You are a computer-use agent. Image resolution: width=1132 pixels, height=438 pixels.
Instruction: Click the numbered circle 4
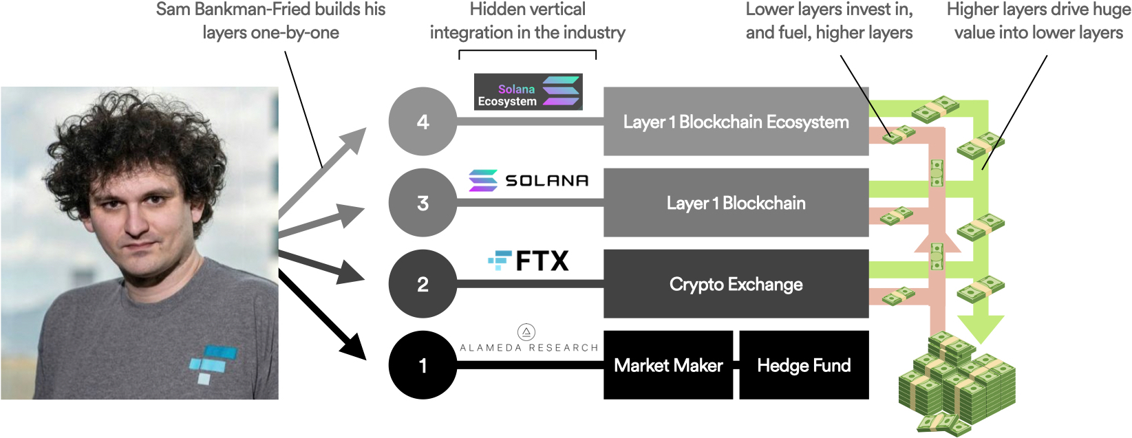423,122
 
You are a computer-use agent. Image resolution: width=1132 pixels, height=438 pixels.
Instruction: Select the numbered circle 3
423,203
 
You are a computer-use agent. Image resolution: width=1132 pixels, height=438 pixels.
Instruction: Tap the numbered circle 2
423,284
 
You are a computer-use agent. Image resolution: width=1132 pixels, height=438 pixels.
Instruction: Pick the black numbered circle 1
423,365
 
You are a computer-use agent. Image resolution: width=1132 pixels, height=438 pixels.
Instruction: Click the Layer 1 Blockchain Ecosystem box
736,122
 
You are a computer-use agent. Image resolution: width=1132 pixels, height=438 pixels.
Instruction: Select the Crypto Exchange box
736,284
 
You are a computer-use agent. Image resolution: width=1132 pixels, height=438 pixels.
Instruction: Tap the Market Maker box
668,365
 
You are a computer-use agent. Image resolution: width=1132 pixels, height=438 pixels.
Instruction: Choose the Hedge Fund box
804,365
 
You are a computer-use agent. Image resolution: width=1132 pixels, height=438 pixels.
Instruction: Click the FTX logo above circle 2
528,261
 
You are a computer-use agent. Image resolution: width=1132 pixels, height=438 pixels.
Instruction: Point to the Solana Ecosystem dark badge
528,92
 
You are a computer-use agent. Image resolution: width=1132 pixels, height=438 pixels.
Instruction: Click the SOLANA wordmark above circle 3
547,181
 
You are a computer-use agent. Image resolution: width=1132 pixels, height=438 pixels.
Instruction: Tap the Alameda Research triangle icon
526,333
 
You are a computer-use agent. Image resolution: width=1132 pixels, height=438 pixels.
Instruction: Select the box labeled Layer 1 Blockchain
736,203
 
